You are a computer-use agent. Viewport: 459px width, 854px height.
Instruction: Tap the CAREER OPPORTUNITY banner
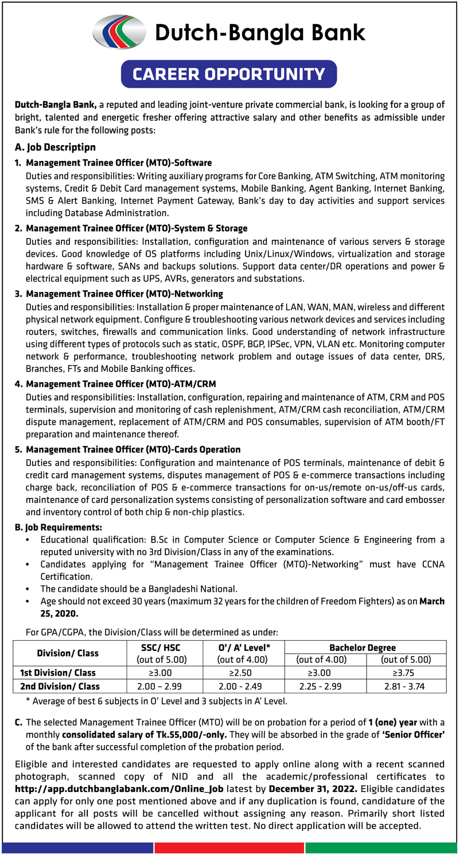[x=229, y=74]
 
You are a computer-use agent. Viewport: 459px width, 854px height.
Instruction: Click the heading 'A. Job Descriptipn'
[x=55, y=147]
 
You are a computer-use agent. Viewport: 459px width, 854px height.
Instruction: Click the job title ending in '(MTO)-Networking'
[x=125, y=294]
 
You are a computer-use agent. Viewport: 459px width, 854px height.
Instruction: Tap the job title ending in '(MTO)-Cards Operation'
[x=133, y=449]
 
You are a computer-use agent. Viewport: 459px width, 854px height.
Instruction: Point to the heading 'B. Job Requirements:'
[x=59, y=526]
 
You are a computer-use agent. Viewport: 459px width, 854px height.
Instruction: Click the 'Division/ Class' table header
[x=68, y=653]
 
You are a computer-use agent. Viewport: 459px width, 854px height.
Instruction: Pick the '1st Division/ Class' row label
[x=58, y=672]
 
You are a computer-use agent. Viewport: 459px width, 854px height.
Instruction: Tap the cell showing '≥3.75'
[x=406, y=672]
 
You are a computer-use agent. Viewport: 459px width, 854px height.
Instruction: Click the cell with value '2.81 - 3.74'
[x=406, y=686]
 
